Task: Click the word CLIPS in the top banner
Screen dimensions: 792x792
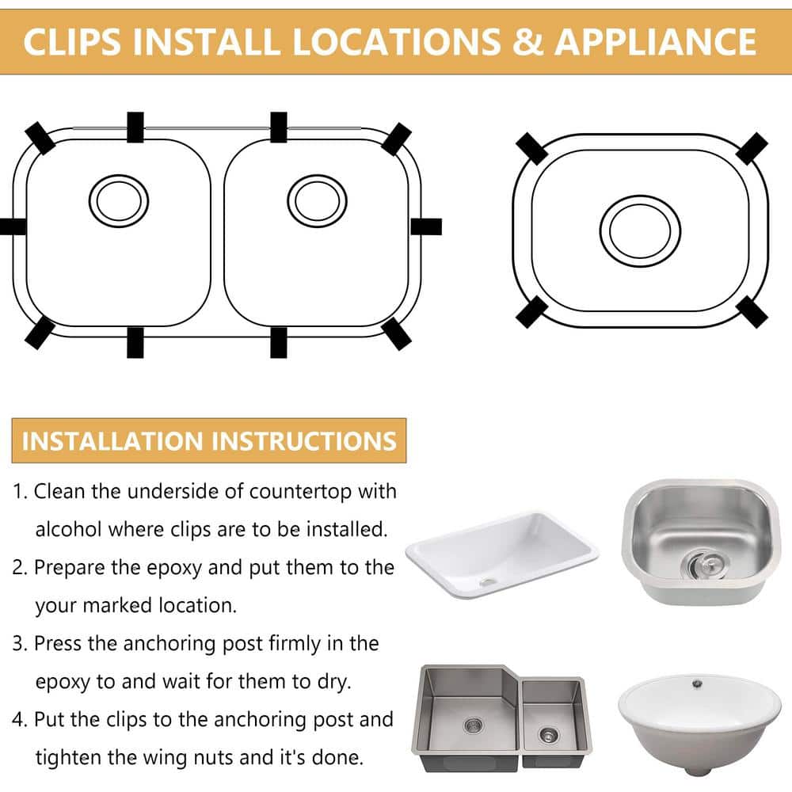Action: point(72,41)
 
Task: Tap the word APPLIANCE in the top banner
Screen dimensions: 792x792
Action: point(656,41)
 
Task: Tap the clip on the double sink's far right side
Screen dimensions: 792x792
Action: point(426,227)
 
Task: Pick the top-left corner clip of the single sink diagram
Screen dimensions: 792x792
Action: point(532,149)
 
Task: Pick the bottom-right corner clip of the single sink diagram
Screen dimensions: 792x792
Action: point(752,311)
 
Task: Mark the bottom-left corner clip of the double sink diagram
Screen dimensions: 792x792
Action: point(40,333)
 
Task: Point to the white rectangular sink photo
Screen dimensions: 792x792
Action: point(502,554)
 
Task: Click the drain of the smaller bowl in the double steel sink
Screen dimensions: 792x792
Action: point(549,734)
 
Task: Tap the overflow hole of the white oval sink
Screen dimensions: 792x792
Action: point(698,684)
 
